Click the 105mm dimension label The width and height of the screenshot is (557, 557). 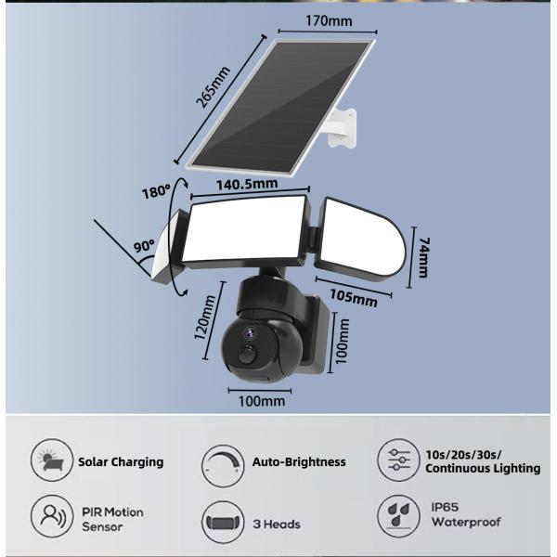[x=353, y=299]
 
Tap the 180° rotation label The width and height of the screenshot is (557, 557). [x=156, y=192]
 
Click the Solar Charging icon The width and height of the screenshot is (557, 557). [x=50, y=461]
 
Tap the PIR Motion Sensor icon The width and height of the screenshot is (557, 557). [x=50, y=516]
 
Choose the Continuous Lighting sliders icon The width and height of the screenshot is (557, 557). [x=396, y=461]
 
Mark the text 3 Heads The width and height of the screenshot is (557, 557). [x=277, y=525]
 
